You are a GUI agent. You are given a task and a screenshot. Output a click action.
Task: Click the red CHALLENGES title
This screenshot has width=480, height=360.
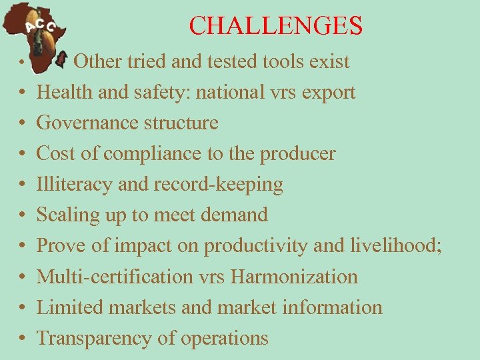275,25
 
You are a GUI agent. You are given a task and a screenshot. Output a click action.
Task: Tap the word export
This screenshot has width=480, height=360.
328,93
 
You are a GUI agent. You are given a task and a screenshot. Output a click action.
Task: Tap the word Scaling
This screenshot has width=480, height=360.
69,215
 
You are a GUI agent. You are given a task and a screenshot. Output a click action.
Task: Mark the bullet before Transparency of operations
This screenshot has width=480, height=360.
22,339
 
